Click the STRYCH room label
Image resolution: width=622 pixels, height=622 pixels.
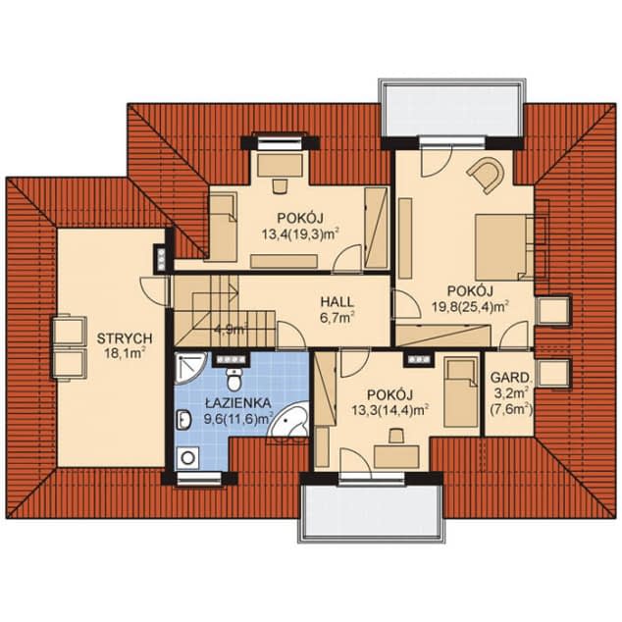(125, 338)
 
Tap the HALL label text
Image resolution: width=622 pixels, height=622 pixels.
(337, 302)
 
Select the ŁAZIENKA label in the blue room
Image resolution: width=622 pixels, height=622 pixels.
(238, 403)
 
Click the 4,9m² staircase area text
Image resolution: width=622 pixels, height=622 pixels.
(232, 329)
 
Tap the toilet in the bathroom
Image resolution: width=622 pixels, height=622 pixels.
(234, 379)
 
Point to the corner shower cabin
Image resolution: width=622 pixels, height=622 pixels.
(189, 369)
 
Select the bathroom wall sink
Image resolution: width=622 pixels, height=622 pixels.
(182, 420)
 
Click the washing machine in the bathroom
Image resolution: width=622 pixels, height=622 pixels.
(188, 458)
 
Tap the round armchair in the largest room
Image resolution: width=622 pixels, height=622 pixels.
(487, 174)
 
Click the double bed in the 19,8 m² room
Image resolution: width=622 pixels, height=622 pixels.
(505, 246)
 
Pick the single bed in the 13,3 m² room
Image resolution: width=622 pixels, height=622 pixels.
(461, 391)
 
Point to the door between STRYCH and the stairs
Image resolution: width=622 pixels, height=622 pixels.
(155, 290)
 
